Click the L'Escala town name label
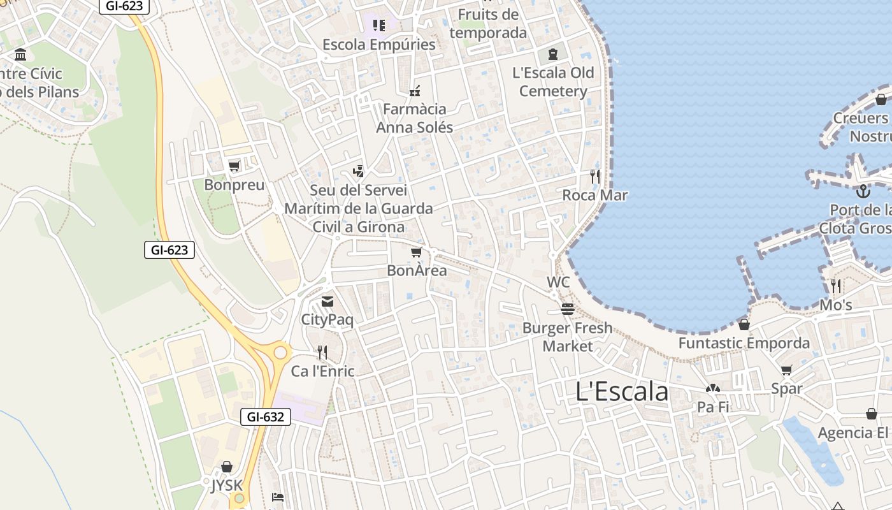[x=622, y=391]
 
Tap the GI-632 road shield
[x=266, y=417]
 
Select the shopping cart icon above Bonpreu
[x=234, y=166]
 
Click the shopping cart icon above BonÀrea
[x=417, y=252]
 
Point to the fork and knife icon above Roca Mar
[x=595, y=177]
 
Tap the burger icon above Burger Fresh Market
[x=567, y=309]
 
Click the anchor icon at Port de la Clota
[x=863, y=191]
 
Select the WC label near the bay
[x=558, y=282]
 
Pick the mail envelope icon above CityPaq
[x=327, y=302]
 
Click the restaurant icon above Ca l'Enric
[x=322, y=352]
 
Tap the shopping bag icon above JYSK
[x=227, y=467]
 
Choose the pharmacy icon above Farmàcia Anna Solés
[x=415, y=91]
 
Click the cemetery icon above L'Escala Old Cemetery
[x=552, y=54]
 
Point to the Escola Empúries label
[x=379, y=45]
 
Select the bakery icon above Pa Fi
[x=712, y=388]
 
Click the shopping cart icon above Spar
[x=787, y=370]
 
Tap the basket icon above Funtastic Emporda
[x=744, y=324]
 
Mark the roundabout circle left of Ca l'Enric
[x=280, y=352]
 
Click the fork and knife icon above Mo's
[x=835, y=286]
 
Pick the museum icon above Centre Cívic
[x=20, y=54]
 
